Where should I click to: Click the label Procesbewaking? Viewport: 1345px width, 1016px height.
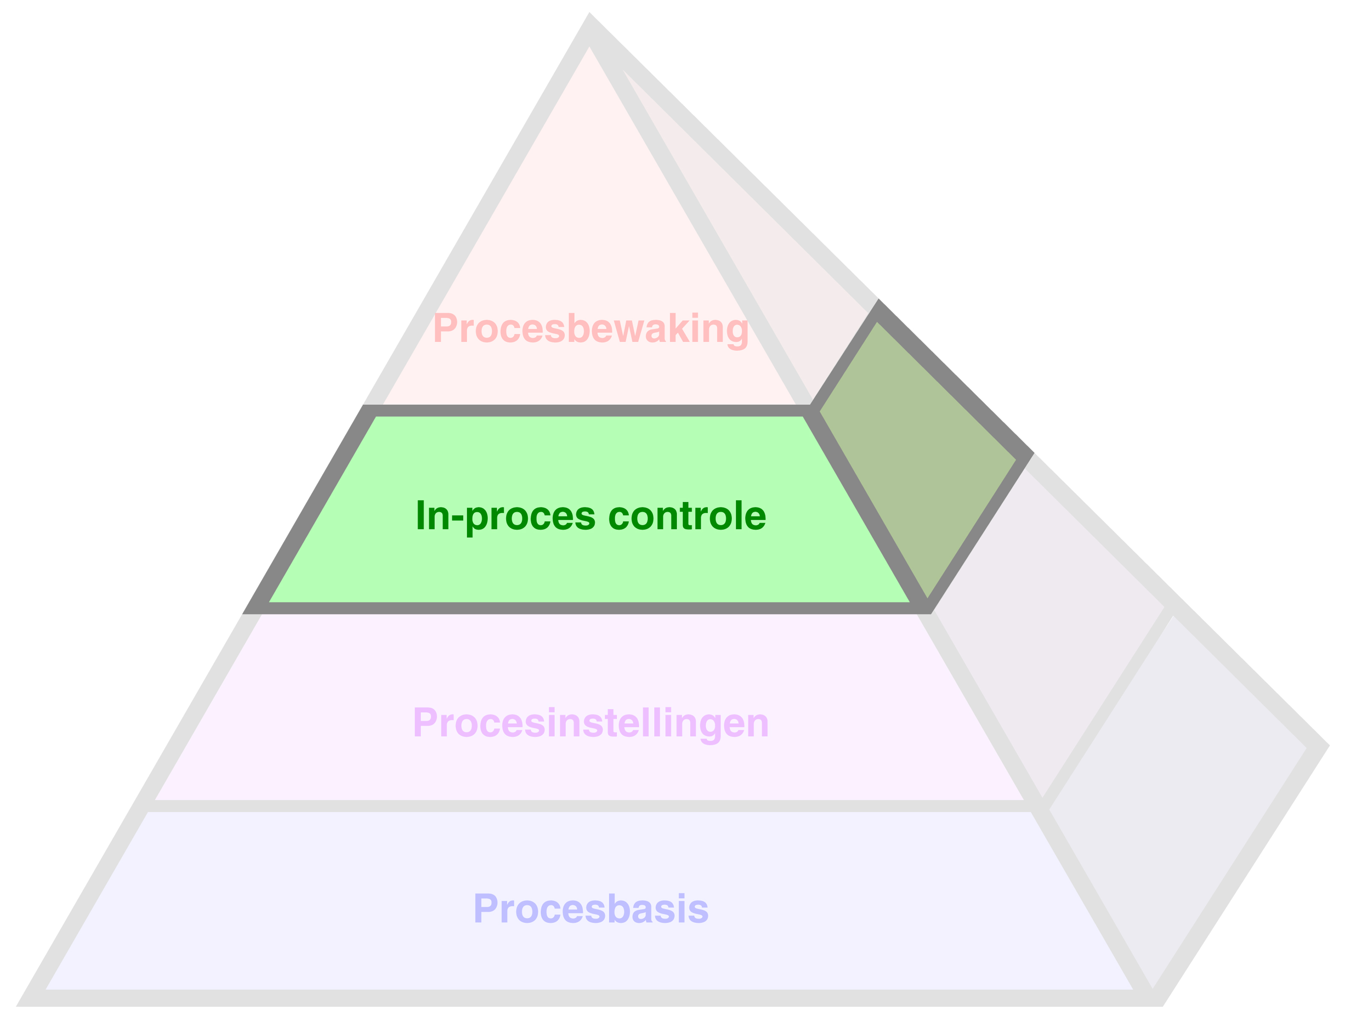tap(591, 329)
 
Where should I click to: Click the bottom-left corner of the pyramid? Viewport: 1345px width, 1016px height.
tap(27, 999)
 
